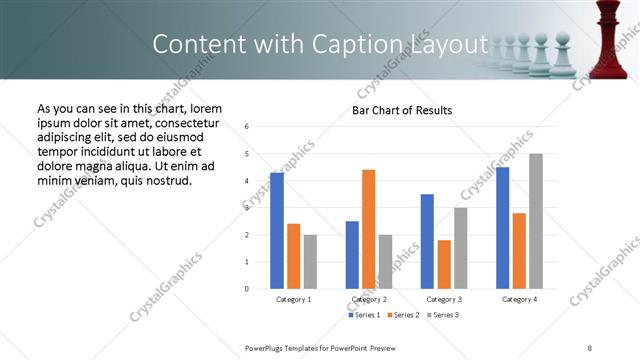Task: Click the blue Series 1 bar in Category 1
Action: [x=277, y=231]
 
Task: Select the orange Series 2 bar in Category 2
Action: [x=368, y=229]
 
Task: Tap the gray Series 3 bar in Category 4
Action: [x=536, y=221]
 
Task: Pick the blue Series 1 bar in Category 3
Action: [x=427, y=241]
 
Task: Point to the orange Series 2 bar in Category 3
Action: [x=444, y=264]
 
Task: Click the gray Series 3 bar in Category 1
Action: [x=310, y=262]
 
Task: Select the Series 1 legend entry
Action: [x=364, y=315]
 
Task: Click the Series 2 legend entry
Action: [x=402, y=315]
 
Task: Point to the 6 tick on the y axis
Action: [x=247, y=127]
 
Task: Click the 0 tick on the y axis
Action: [x=247, y=289]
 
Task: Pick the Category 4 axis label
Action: [x=518, y=299]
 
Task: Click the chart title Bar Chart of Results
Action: [x=401, y=110]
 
